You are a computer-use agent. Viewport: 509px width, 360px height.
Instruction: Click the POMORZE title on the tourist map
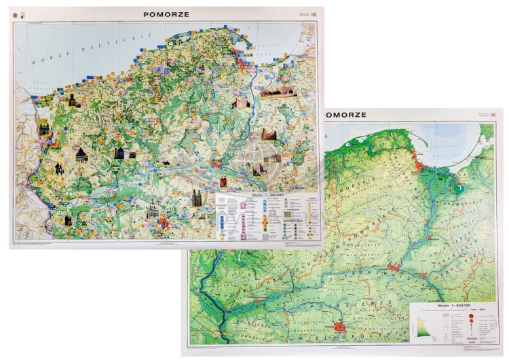tap(166, 14)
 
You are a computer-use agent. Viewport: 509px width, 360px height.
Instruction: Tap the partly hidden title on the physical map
tap(346, 115)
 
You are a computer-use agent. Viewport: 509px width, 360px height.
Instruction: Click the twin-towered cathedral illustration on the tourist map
tap(197, 198)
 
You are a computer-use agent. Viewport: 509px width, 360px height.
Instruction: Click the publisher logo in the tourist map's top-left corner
tap(17, 14)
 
